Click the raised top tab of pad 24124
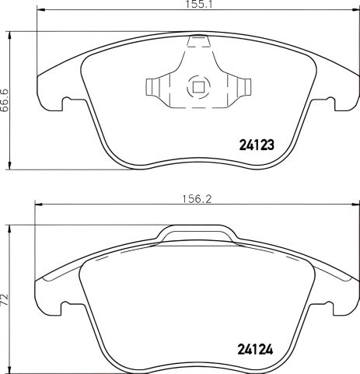pyautogui.click(x=198, y=231)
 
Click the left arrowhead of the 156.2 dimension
pyautogui.click(x=35, y=205)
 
